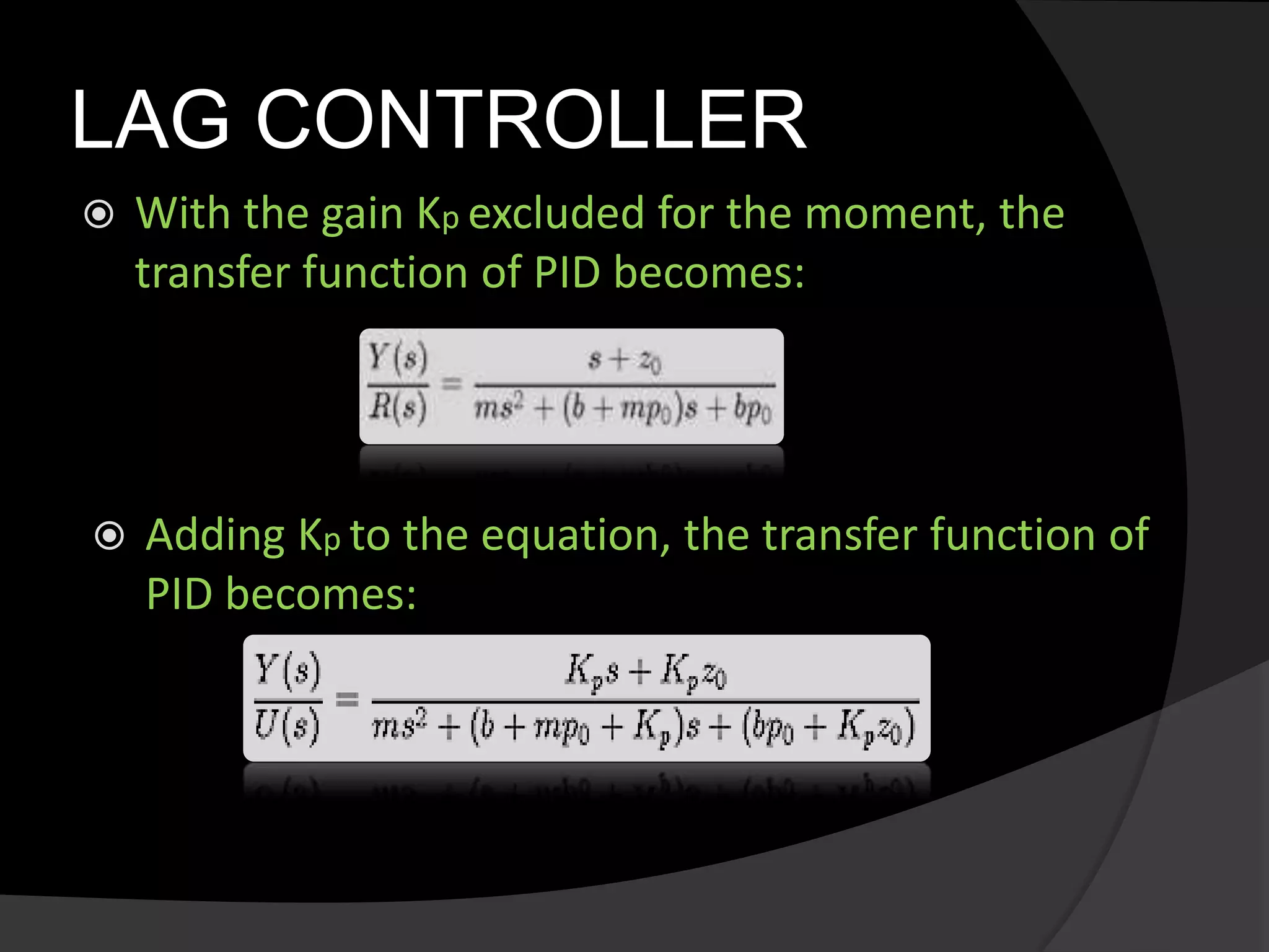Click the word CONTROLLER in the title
[531, 120]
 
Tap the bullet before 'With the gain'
[99, 214]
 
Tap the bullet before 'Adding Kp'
[110, 536]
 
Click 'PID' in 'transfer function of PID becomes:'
[567, 272]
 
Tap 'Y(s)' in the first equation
[397, 359]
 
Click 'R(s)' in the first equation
[397, 408]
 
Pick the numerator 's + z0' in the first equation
[625, 360]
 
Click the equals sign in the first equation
[451, 384]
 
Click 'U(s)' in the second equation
[288, 725]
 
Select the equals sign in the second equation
[346, 700]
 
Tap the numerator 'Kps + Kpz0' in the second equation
[645, 672]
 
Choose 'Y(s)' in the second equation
[288, 671]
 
